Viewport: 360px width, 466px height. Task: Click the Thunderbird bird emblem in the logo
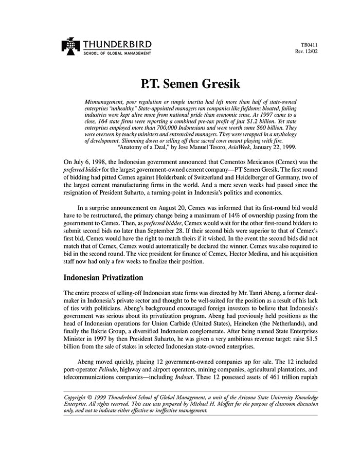[x=68, y=46]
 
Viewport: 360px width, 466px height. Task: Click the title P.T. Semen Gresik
[x=180, y=82]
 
